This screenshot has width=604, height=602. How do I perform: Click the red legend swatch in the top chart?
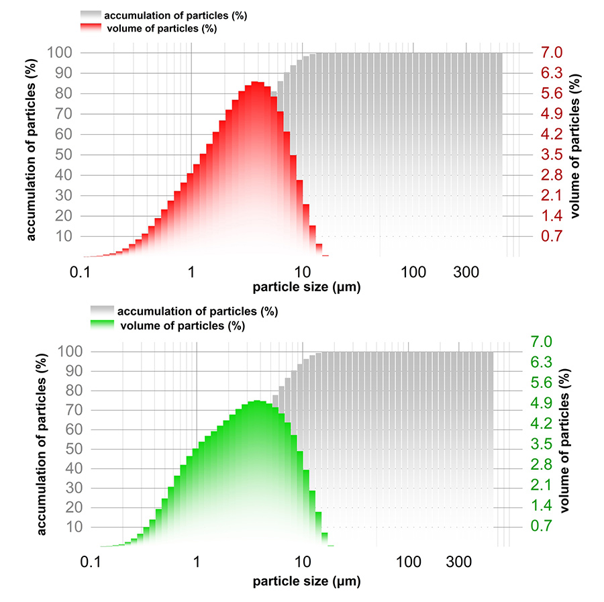[x=90, y=28]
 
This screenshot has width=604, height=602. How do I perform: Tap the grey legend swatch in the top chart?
[x=90, y=15]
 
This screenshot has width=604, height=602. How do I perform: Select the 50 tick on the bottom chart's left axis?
[x=70, y=449]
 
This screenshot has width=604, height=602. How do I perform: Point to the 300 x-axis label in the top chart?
[x=465, y=272]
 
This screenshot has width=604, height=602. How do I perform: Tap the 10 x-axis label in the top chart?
[x=302, y=272]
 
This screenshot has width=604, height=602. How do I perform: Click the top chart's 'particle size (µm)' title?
[x=307, y=288]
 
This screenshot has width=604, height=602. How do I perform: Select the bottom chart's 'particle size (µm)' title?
[x=307, y=581]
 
